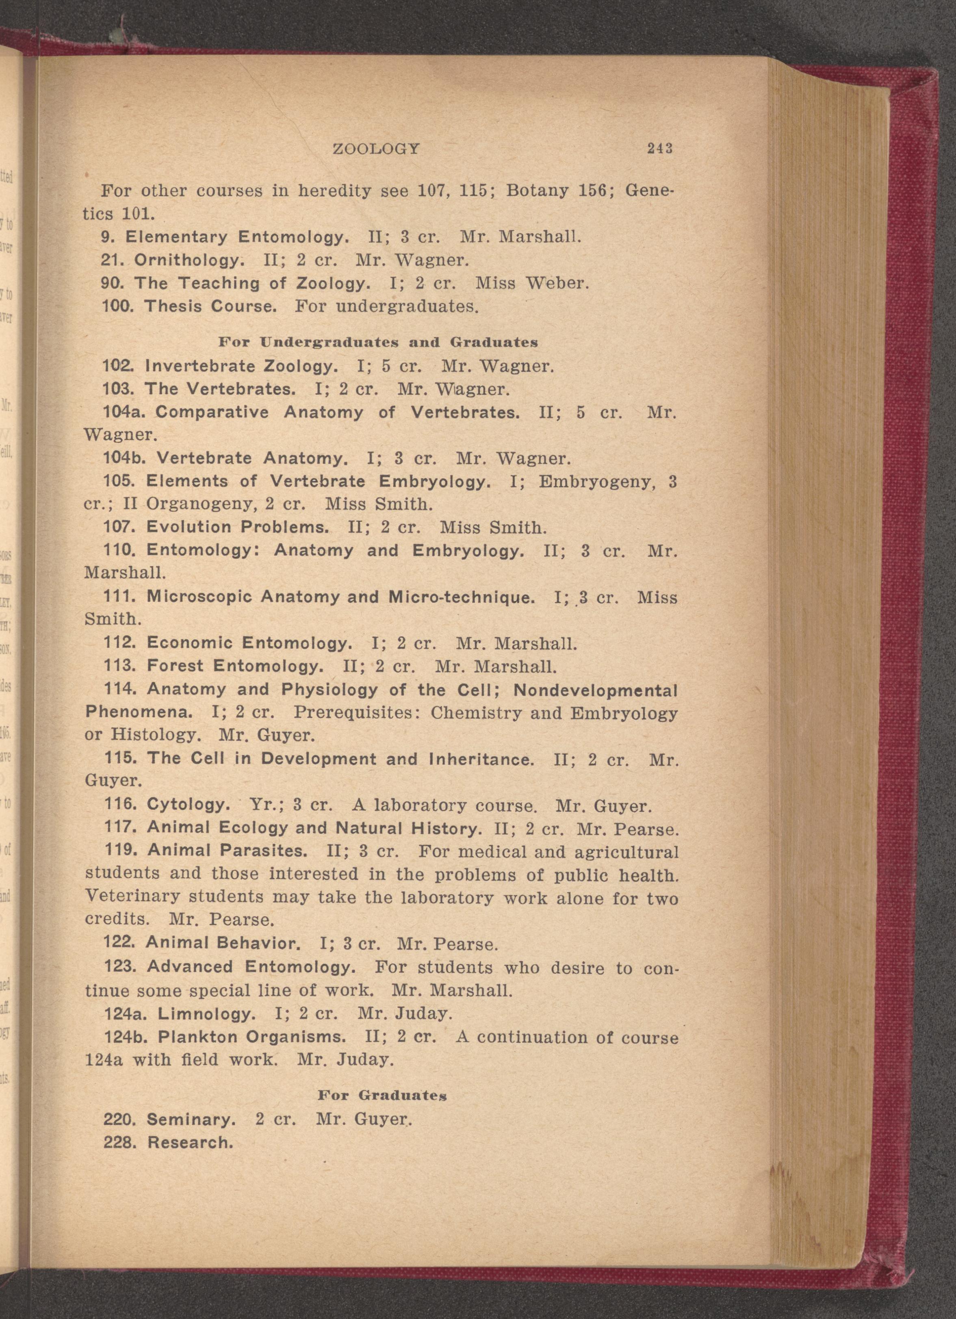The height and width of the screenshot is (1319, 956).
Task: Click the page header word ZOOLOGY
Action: pyautogui.click(x=376, y=149)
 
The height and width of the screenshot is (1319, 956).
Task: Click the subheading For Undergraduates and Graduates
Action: pyautogui.click(x=378, y=342)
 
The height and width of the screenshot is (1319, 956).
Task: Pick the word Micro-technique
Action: pyautogui.click(x=461, y=597)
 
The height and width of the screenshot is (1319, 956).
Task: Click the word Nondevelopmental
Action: pyautogui.click(x=596, y=690)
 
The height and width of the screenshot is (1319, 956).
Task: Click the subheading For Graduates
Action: pyautogui.click(x=382, y=1096)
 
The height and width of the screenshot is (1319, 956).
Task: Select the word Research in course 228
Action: pyautogui.click(x=190, y=1143)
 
